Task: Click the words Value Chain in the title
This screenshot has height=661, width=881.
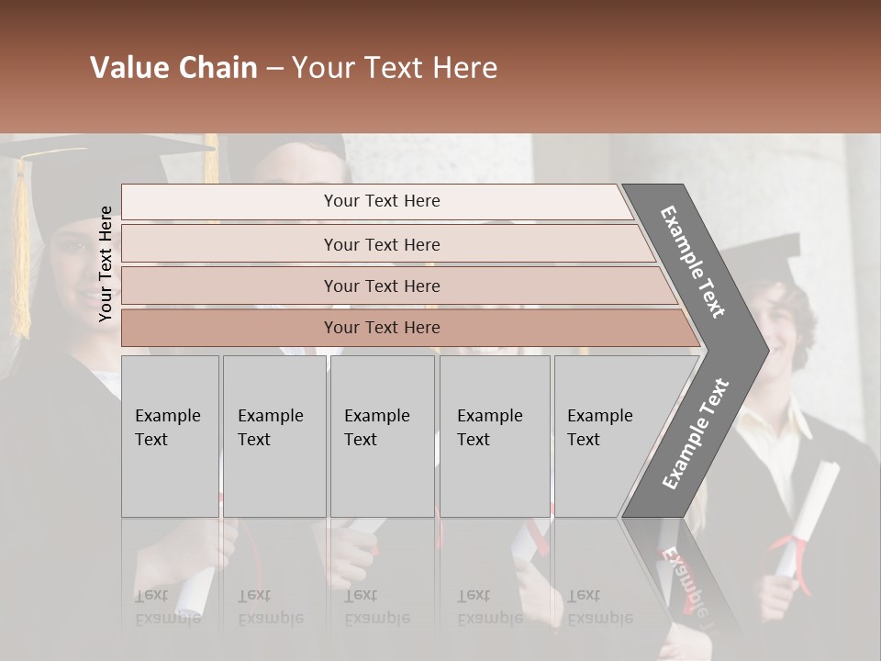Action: coord(173,68)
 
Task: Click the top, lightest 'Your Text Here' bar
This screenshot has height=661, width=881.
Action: coord(381,201)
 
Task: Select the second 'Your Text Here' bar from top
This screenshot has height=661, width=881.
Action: coord(381,244)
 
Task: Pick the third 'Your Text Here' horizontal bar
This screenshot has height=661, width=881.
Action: coord(381,286)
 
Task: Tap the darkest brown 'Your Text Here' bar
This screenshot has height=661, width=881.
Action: coord(381,328)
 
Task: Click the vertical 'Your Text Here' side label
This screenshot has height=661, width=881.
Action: coord(106,263)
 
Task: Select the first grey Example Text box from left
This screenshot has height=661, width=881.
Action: coord(170,436)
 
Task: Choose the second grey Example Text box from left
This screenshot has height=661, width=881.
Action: coord(273,436)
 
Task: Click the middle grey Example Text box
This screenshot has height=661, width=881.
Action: coord(382,436)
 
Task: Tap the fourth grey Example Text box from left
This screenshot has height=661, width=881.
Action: coord(494,436)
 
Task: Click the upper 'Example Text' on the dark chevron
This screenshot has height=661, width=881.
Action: coord(694,262)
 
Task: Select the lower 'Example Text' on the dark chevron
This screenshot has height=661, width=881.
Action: coord(696,433)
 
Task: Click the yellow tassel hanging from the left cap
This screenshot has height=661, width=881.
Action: coord(20,248)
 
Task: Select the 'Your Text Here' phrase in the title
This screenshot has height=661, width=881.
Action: coord(395,68)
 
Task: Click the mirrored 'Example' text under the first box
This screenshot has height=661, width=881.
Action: coord(168,618)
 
